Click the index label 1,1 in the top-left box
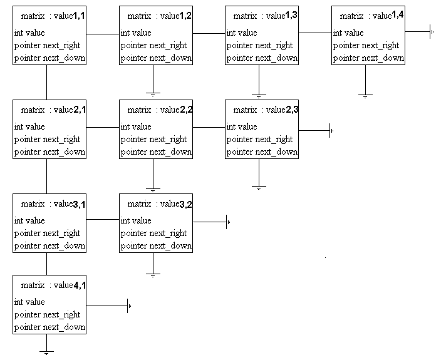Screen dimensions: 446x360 tap(79, 16)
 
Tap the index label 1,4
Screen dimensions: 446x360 tap(398, 15)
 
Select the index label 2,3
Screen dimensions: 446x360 tap(292, 110)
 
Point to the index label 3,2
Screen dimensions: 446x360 tap(186, 205)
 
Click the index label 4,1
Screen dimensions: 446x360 tap(80, 285)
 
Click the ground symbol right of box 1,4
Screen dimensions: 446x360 tap(432, 31)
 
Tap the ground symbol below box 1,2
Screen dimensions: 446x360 tap(153, 95)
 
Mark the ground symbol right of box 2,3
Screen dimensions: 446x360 tap(331, 130)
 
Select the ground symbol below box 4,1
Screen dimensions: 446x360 tap(46, 353)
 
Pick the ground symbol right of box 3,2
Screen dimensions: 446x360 tap(228, 222)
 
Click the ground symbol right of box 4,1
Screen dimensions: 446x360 tap(129, 306)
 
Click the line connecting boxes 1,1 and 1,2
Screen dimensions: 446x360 tap(103, 34)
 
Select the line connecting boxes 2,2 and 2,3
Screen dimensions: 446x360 tap(209, 127)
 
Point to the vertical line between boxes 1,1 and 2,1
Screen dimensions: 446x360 tap(46, 82)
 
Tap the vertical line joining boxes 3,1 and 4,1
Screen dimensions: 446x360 tap(46, 264)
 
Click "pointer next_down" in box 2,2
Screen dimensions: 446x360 tap(156, 152)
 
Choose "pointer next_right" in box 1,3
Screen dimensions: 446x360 tap(259, 46)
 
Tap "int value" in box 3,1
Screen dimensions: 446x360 tap(29, 220)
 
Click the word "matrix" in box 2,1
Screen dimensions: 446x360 tap(33, 110)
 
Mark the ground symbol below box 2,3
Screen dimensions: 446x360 tap(259, 188)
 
